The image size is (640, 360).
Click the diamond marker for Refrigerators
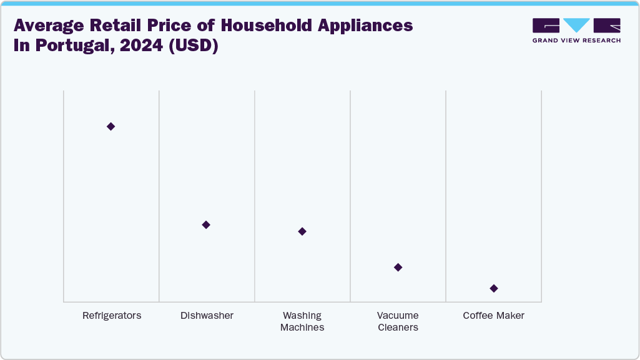click(111, 127)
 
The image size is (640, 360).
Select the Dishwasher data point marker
click(206, 225)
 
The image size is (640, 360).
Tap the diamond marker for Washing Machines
click(302, 231)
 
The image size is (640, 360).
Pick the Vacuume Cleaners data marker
click(398, 268)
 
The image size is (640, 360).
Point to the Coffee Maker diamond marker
click(494, 288)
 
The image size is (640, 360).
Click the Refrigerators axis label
click(112, 316)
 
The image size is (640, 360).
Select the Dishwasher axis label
click(207, 316)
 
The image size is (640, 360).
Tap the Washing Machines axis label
click(302, 321)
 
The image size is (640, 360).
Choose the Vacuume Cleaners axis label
click(398, 321)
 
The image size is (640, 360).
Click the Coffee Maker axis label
click(494, 316)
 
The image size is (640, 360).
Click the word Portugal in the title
click(69, 47)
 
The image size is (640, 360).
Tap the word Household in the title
click(254, 26)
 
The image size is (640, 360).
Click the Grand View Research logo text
click(576, 41)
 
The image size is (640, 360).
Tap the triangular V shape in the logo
click(576, 26)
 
